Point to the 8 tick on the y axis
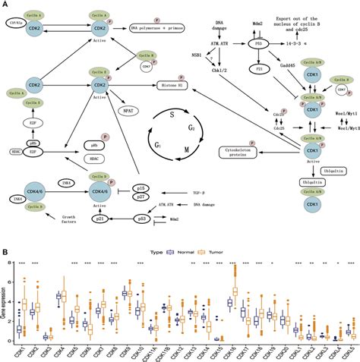(x=11, y=262)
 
